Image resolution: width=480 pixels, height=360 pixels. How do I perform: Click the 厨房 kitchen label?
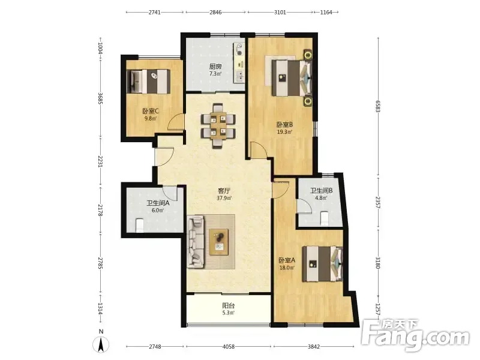215,67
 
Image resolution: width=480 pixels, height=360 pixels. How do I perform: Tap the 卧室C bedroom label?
151,111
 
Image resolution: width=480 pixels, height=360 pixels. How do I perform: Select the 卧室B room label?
284,125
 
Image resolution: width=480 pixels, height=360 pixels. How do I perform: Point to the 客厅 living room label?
224,191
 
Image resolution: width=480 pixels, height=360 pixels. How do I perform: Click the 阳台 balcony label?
229,305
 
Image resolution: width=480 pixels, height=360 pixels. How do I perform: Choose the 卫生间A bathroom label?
158,203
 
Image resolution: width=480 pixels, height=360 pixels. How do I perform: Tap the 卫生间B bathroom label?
322,190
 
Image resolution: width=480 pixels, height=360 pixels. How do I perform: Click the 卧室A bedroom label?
287,260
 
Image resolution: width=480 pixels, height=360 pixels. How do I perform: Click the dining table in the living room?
218,126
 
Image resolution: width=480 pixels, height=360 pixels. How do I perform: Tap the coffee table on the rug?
219,242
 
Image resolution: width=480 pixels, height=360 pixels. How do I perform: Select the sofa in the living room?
196,242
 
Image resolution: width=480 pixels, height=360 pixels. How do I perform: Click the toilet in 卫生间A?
139,225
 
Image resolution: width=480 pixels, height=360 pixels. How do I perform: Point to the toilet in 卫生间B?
325,218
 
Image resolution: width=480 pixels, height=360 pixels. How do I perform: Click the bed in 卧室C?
148,82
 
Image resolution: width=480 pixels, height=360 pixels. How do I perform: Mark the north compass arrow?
101,344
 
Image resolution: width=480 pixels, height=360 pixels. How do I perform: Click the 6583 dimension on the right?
378,106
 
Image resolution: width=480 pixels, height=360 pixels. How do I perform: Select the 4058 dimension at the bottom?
229,347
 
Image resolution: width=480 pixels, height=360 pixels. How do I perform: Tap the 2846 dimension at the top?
215,12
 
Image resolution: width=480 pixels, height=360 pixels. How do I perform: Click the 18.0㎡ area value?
287,268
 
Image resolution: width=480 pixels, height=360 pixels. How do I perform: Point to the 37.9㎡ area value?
224,198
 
